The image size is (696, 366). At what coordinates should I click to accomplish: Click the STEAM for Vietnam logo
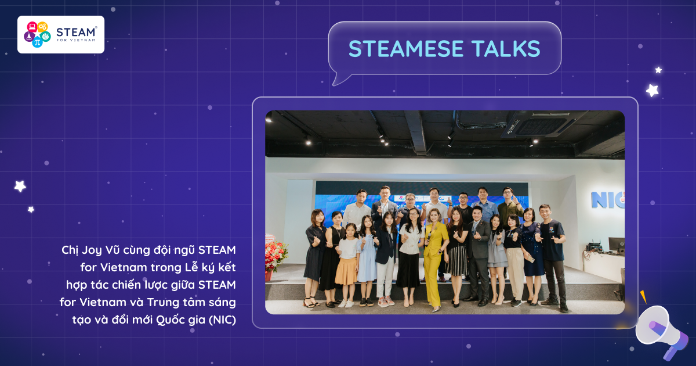[x=61, y=34]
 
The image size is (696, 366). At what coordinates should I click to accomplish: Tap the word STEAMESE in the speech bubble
[x=406, y=49]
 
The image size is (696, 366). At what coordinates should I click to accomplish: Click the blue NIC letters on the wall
[x=607, y=200]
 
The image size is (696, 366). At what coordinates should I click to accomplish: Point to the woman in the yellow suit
[x=435, y=259]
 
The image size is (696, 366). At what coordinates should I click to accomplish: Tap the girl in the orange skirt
[x=347, y=265]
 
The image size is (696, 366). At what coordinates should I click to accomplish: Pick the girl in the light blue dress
[x=367, y=260]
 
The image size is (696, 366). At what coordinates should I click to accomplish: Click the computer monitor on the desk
[x=617, y=246]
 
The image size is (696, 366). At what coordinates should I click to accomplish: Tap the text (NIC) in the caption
[x=223, y=320]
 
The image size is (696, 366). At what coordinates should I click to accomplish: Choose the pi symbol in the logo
[x=37, y=42]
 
